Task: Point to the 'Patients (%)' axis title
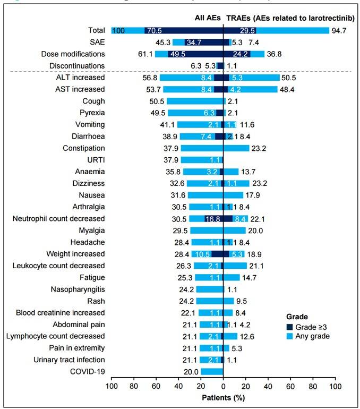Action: tap(223, 397)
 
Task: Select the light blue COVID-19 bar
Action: tap(211, 371)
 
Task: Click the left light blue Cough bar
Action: tap(194, 101)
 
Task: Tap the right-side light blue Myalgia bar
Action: tap(234, 231)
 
